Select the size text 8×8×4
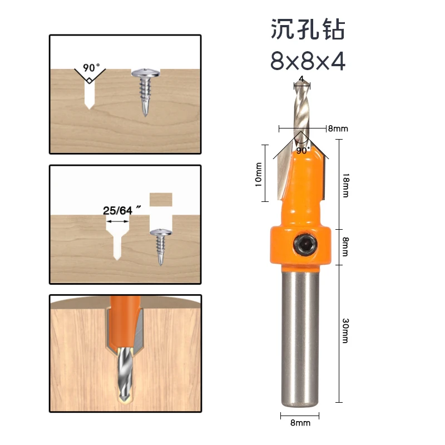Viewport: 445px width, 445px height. pos(308,61)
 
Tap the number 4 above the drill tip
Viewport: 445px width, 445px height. pos(301,79)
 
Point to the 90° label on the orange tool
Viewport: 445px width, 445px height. pos(303,150)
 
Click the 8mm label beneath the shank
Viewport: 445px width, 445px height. pos(300,423)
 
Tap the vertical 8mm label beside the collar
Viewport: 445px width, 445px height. pos(345,246)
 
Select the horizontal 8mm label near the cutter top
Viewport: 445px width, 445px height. pos(338,128)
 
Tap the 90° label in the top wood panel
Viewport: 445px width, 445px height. pos(91,68)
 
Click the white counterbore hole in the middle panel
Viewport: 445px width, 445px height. pos(117,239)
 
